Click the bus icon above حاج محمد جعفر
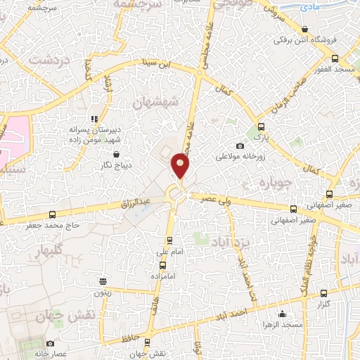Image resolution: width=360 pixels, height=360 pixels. [52, 215]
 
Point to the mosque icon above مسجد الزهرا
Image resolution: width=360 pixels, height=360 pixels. [283, 314]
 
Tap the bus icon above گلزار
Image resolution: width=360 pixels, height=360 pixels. [323, 293]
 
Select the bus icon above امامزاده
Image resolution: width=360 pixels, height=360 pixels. [163, 265]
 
